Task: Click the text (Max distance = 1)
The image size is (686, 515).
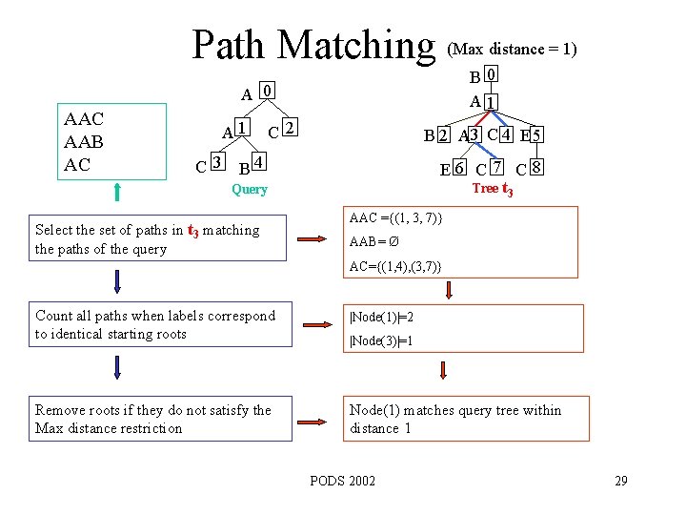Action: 512,49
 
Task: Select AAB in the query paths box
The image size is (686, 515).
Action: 83,141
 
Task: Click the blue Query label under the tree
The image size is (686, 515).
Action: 250,190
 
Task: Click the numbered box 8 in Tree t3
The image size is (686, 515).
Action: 537,169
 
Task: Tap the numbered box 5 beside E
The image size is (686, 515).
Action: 537,135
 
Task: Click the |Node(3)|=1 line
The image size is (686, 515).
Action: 381,341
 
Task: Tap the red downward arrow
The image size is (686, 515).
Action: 442,371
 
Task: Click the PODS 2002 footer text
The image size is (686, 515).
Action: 343,480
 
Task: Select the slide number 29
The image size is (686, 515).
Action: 620,480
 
